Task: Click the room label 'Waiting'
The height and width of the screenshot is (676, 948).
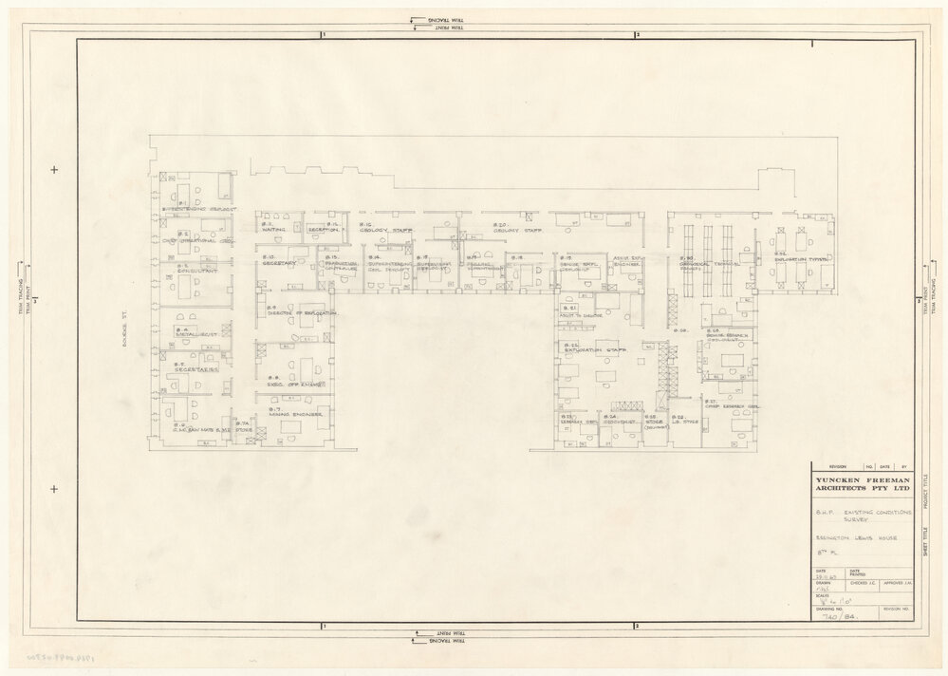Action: tap(276, 230)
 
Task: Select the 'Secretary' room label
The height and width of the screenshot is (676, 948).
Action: tap(281, 263)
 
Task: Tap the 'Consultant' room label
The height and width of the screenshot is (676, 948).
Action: tap(196, 271)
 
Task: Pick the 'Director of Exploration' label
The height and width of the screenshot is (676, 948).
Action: tap(303, 312)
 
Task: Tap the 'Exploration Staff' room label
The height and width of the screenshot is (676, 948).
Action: tap(591, 350)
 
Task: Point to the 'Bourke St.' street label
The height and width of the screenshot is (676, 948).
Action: tap(123, 329)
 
